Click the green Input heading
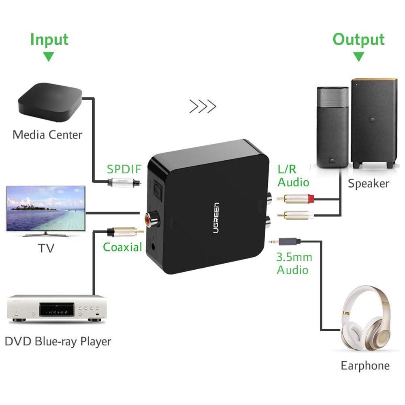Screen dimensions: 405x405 (x=49, y=40)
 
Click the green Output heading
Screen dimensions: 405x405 (x=358, y=40)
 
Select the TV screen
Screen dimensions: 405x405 (x=46, y=209)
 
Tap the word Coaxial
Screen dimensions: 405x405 (x=122, y=247)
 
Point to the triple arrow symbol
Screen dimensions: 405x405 (x=202, y=107)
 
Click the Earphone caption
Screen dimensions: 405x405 (x=365, y=366)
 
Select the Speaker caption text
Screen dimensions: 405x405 (x=368, y=183)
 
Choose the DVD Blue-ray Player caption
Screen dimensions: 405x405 (x=58, y=341)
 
